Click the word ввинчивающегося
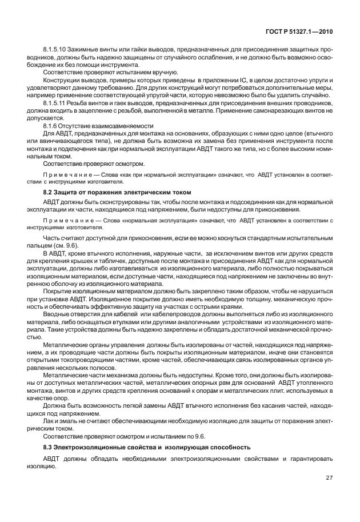click(x=72, y=140)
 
